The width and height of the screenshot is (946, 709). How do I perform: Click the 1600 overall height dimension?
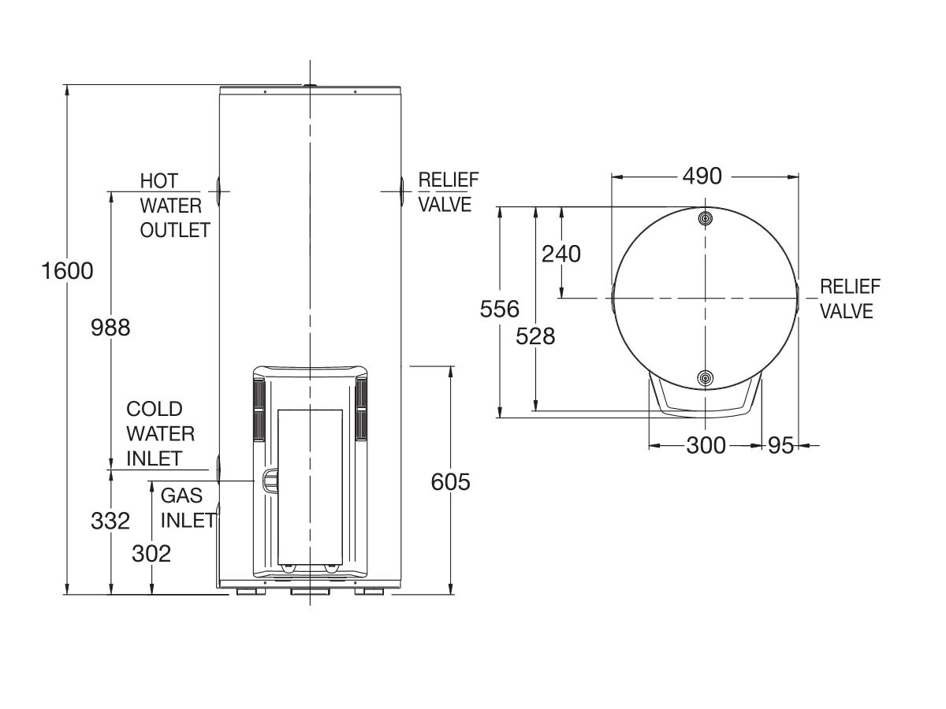tap(68, 271)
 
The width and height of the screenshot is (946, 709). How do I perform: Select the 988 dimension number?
tap(110, 327)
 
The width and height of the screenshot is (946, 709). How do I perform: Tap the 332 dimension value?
tap(110, 522)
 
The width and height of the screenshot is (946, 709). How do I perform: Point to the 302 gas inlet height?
tap(151, 554)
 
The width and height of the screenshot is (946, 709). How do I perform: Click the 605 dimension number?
tap(450, 481)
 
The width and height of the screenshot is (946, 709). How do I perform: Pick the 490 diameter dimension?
tap(702, 176)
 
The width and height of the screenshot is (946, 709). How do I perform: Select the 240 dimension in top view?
tap(561, 254)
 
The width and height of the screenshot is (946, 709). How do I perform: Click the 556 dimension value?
tap(500, 308)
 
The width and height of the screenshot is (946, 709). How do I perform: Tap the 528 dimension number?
tap(535, 336)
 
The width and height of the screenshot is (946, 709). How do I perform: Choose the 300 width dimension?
tap(706, 446)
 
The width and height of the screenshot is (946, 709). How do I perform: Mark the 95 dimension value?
tap(780, 446)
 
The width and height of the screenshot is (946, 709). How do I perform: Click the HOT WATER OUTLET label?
tap(174, 206)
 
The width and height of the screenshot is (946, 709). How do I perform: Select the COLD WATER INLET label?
tap(160, 433)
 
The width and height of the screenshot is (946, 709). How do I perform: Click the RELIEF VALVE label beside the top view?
tap(850, 299)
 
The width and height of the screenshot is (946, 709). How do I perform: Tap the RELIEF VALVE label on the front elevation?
tap(447, 192)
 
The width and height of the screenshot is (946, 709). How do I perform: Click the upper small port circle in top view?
tap(706, 217)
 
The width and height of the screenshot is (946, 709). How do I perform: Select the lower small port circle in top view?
tap(706, 380)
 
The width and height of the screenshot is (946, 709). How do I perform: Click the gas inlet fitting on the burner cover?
tap(269, 480)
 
